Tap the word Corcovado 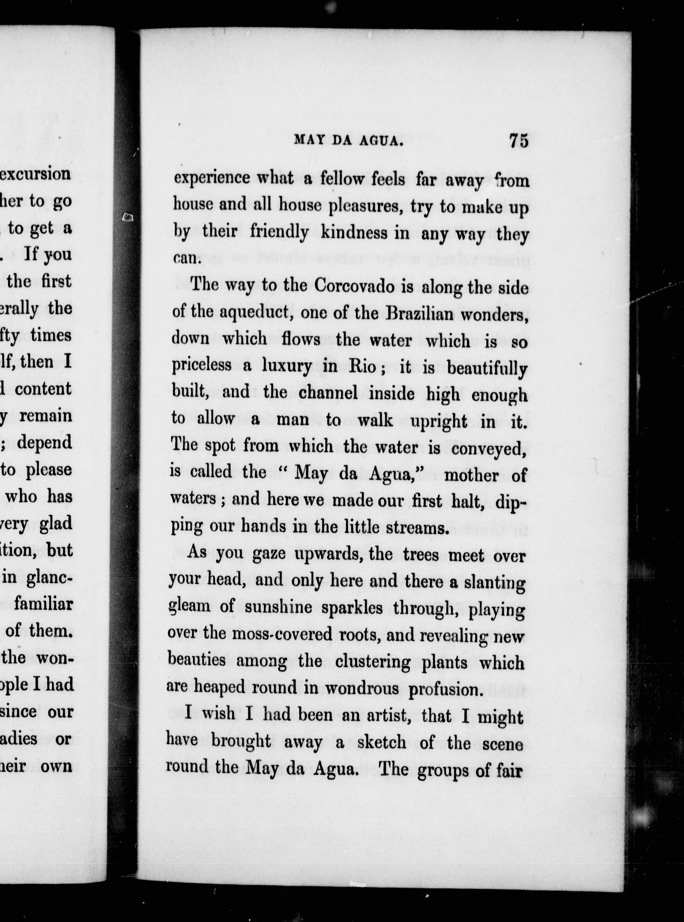(354, 286)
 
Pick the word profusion (445, 689)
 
